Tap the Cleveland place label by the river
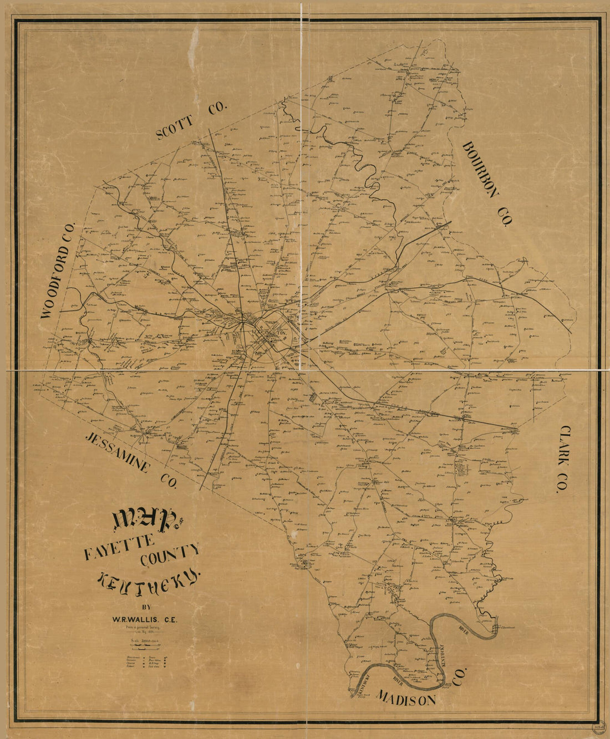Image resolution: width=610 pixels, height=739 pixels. point(508,628)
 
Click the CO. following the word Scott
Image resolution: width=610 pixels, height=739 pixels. point(217,109)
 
